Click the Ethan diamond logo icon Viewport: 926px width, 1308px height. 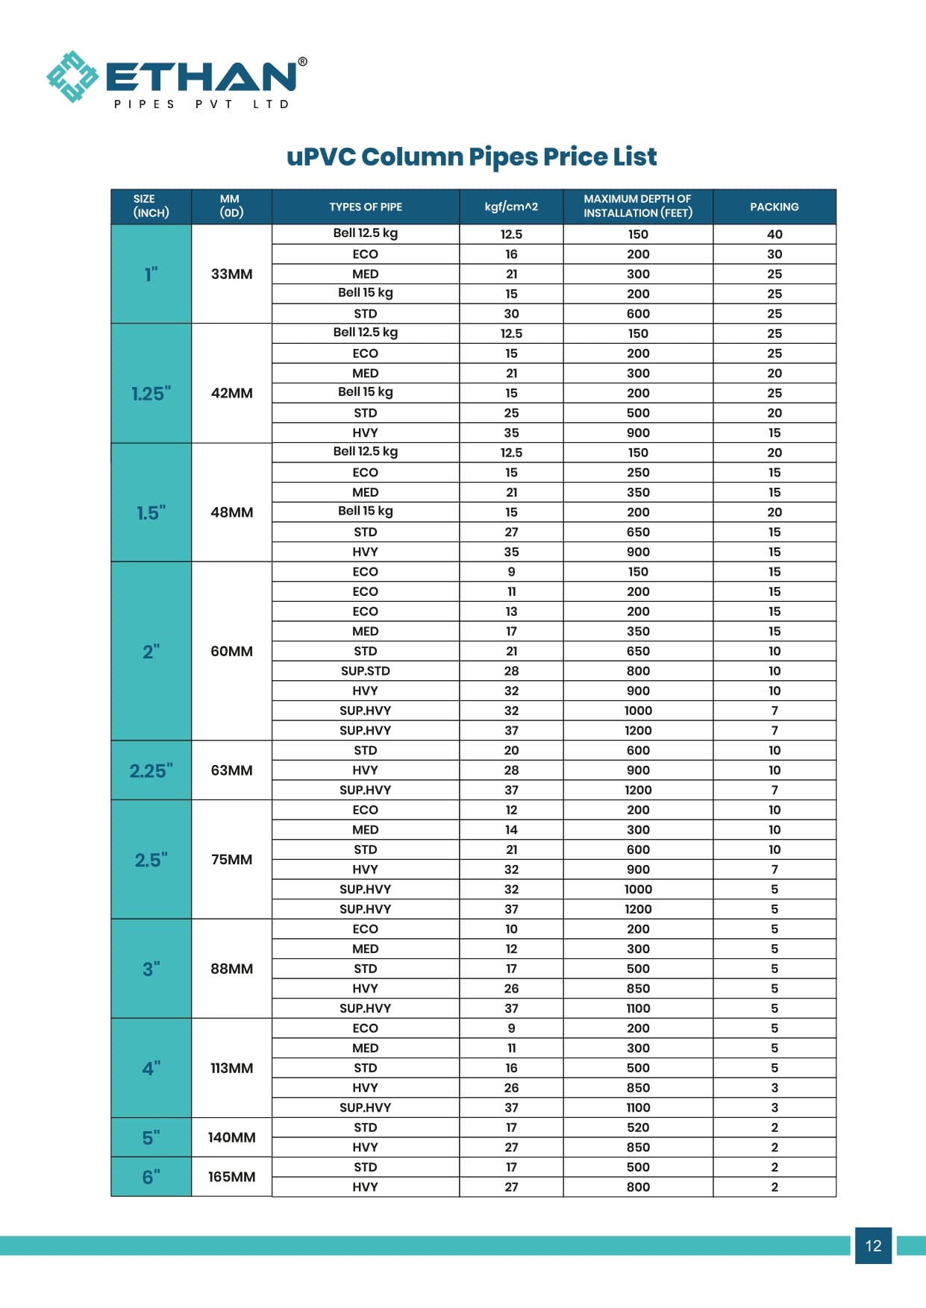[72, 77]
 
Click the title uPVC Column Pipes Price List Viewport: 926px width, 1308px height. [472, 157]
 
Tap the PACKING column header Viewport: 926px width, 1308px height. [774, 207]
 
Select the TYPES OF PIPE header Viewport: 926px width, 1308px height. [366, 207]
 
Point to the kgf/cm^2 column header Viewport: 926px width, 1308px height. [511, 207]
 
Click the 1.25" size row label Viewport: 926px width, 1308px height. [151, 393]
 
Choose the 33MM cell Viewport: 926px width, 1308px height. [231, 274]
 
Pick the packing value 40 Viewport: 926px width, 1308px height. [775, 234]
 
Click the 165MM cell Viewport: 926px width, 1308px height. [231, 1177]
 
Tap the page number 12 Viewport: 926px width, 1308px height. [873, 1245]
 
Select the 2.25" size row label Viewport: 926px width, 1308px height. [151, 770]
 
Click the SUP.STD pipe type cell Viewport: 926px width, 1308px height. [366, 671]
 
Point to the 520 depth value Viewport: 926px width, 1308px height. [638, 1128]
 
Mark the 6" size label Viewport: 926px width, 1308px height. [151, 1177]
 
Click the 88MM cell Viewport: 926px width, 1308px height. [231, 969]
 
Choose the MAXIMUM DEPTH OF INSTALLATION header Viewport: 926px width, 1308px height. [638, 207]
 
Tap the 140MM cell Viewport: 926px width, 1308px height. [231, 1137]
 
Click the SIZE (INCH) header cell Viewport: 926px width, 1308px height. [151, 207]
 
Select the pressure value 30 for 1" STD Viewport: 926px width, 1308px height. [511, 314]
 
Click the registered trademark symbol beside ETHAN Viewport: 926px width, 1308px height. [302, 62]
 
